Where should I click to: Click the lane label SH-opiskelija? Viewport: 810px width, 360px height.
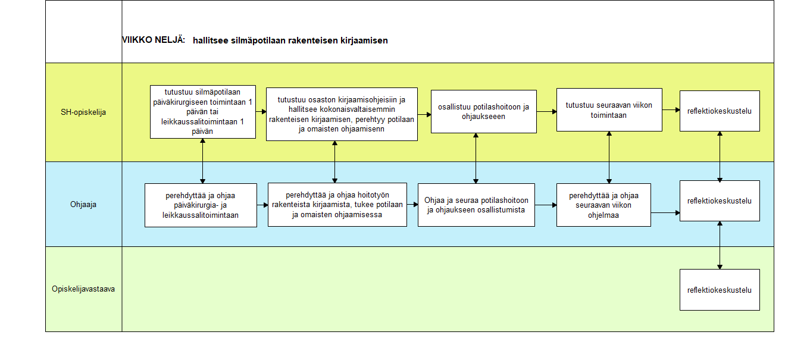(x=83, y=112)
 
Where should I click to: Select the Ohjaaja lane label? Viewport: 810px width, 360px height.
(x=83, y=204)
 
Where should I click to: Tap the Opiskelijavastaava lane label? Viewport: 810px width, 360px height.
(x=83, y=289)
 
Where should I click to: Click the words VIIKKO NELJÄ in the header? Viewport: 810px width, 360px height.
(x=154, y=40)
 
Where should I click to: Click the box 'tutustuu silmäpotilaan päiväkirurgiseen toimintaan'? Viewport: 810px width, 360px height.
(x=203, y=112)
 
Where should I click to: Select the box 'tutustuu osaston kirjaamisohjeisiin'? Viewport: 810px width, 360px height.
(x=342, y=114)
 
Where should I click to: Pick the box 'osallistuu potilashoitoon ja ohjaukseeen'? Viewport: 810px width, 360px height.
(x=484, y=112)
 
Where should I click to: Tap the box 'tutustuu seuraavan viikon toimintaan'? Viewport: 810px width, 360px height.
(x=609, y=110)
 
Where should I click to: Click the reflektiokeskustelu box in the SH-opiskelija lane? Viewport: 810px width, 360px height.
(x=720, y=111)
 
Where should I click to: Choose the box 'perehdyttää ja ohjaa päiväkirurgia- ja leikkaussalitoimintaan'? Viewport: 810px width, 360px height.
(x=201, y=205)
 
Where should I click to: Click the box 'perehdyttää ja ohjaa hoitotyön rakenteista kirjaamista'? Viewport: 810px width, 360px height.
(x=337, y=205)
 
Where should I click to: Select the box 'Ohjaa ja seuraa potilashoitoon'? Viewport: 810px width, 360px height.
(x=476, y=205)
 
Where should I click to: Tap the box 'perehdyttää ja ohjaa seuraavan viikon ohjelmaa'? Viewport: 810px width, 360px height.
(x=603, y=205)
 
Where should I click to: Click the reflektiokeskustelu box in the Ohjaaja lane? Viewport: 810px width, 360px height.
(x=720, y=201)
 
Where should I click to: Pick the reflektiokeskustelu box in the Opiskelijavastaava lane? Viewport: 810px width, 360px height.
(x=720, y=290)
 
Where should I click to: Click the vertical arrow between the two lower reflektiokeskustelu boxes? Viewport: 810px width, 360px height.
(x=720, y=245)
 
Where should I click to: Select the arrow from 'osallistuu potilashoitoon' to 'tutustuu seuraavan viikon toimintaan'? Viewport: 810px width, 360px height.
(x=547, y=112)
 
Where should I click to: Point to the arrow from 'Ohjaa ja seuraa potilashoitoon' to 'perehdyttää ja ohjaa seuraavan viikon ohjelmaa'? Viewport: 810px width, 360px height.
(x=546, y=205)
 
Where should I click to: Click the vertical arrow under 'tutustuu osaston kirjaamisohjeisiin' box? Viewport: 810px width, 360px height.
(x=335, y=162)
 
